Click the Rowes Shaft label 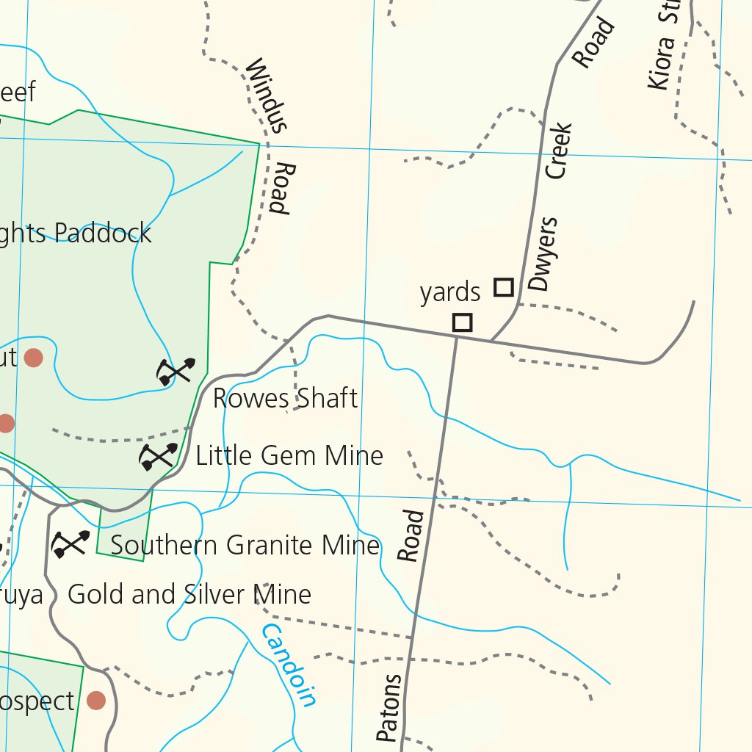[285, 399]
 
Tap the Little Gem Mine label [289, 456]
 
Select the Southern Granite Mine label [245, 546]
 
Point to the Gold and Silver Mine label [189, 594]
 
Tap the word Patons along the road [390, 707]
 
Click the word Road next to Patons [412, 536]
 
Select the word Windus [264, 95]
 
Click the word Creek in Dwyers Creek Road [558, 151]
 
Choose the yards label [449, 292]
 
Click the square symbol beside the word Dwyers [503, 286]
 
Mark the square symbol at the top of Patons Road [462, 322]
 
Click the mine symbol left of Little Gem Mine [158, 457]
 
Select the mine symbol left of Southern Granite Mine [70, 544]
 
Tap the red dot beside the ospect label [95, 700]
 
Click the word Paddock [104, 234]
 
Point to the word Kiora [660, 63]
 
